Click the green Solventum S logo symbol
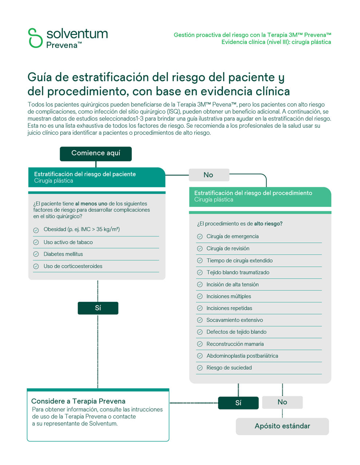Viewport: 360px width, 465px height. coord(35,38)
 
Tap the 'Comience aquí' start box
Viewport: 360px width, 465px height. coord(96,153)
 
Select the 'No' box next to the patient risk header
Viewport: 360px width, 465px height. coord(209,175)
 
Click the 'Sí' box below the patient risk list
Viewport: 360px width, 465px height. coord(98,308)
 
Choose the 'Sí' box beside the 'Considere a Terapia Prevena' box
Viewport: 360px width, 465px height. coord(238,403)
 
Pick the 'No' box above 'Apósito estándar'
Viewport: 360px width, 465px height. coord(282,402)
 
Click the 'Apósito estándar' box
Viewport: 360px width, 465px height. coord(282,426)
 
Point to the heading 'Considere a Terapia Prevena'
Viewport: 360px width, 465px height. coord(78,401)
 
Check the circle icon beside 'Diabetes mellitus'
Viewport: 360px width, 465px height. coord(36,254)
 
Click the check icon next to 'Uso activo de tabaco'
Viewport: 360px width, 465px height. coord(36,242)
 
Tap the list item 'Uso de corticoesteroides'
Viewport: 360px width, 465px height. coord(73,266)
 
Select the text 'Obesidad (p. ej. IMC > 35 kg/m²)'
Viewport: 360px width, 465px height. coord(81,229)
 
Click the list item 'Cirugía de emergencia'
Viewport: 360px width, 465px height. coord(232,236)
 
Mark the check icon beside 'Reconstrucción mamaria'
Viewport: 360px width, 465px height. coord(200,344)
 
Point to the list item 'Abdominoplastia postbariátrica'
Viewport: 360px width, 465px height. coord(242,356)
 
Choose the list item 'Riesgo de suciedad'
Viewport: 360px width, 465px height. coord(229,368)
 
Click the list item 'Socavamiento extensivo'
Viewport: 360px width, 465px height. coord(235,320)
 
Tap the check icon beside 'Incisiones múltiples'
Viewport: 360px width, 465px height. coord(200,296)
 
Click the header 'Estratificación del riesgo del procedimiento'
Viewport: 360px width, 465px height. coord(253,193)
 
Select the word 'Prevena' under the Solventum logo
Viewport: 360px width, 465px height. coord(62,45)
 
